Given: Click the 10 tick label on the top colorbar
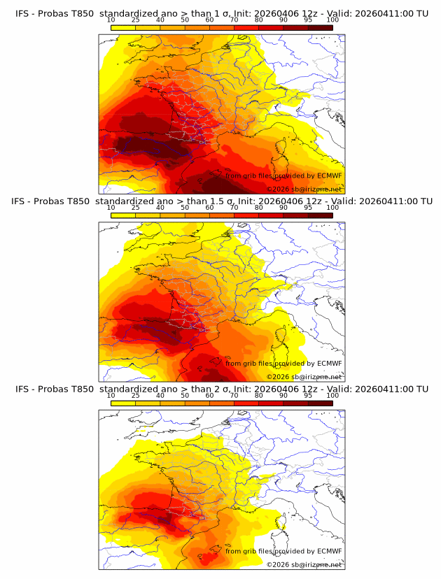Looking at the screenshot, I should click(x=111, y=20).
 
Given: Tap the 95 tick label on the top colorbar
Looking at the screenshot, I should click(x=307, y=20).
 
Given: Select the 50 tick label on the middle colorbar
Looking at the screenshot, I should click(x=185, y=208).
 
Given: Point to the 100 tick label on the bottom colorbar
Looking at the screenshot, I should click(x=332, y=396).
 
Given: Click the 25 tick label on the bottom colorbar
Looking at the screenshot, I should click(x=135, y=396).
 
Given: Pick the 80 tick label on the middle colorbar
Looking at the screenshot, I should click(x=258, y=208).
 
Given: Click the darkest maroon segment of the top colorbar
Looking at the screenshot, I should click(x=320, y=27).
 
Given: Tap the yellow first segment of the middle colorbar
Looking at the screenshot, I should click(x=122, y=215).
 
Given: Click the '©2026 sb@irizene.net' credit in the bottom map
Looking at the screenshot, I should click(x=304, y=564).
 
